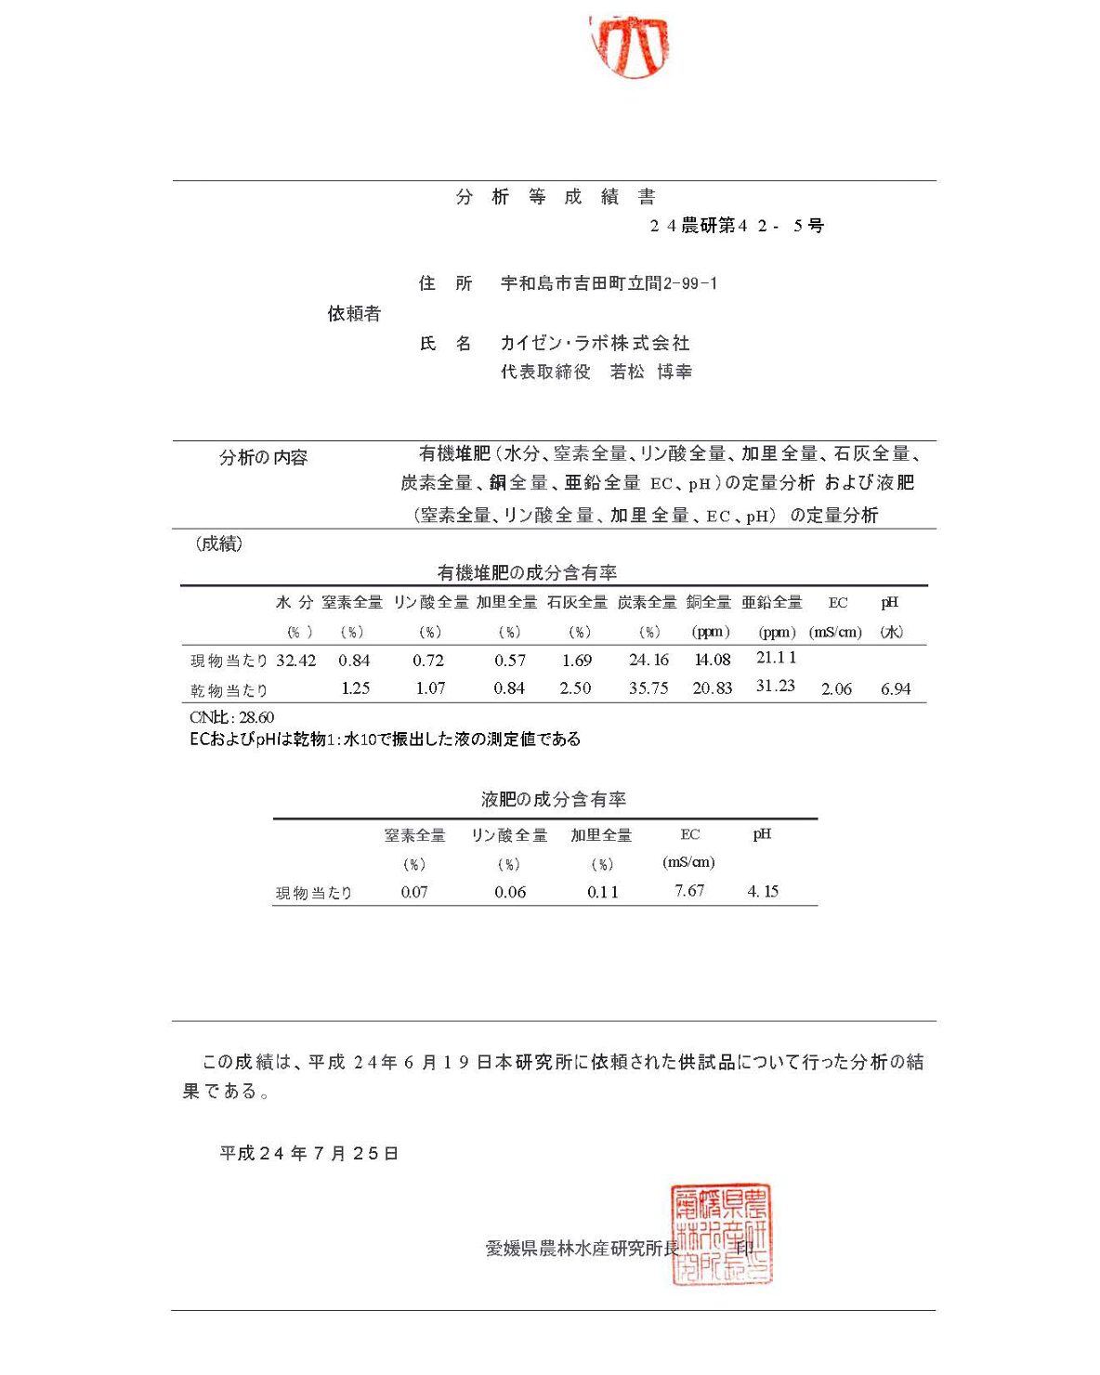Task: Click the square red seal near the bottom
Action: pyautogui.click(x=722, y=1234)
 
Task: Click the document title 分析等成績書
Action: pyautogui.click(x=556, y=197)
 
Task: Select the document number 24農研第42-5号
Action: pyautogui.click(x=737, y=226)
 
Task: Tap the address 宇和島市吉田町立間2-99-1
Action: pyautogui.click(x=609, y=283)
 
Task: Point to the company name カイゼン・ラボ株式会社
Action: pyautogui.click(x=595, y=343)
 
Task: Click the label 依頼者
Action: pyautogui.click(x=354, y=314)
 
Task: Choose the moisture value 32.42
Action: pyautogui.click(x=295, y=661)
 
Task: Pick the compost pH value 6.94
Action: pyautogui.click(x=896, y=689)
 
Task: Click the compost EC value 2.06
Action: pyautogui.click(x=836, y=689)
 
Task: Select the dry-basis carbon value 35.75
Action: pyautogui.click(x=648, y=688)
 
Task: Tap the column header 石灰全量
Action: pyautogui.click(x=577, y=603)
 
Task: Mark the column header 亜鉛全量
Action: pyautogui.click(x=772, y=603)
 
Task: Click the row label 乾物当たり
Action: pyautogui.click(x=229, y=690)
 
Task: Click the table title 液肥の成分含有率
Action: pyautogui.click(x=554, y=799)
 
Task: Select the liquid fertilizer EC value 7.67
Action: pyautogui.click(x=689, y=891)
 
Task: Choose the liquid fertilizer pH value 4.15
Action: pyautogui.click(x=763, y=892)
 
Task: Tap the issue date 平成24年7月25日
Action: pyautogui.click(x=309, y=1153)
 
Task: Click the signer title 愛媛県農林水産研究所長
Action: pyautogui.click(x=582, y=1249)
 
